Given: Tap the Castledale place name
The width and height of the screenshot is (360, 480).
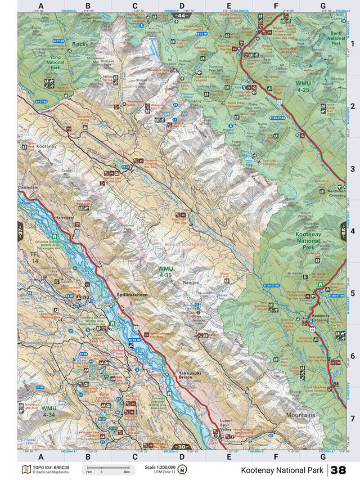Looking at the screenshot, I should point(30,185).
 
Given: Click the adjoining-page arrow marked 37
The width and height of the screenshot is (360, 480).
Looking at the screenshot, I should point(20,231).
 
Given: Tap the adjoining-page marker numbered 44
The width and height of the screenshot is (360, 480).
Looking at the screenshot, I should point(181,15).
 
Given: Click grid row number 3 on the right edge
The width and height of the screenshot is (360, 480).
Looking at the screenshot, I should point(352,168).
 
